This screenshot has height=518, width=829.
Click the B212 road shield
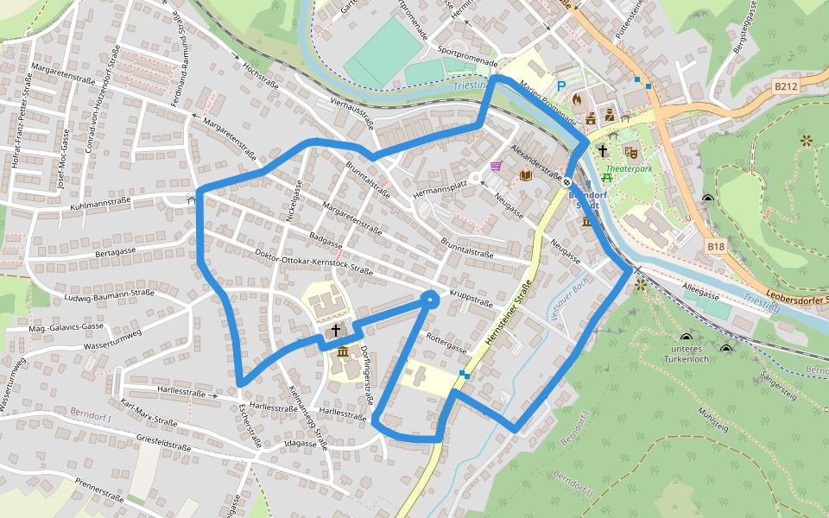(x=785, y=86)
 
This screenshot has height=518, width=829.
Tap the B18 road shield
(x=716, y=247)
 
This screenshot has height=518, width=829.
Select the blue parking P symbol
(x=561, y=85)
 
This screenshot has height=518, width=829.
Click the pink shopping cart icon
(x=496, y=165)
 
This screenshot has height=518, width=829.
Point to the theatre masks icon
(x=631, y=152)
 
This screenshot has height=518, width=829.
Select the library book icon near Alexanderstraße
(x=525, y=175)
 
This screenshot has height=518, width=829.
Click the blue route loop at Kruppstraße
(x=429, y=299)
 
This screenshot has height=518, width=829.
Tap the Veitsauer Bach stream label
(x=570, y=299)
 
